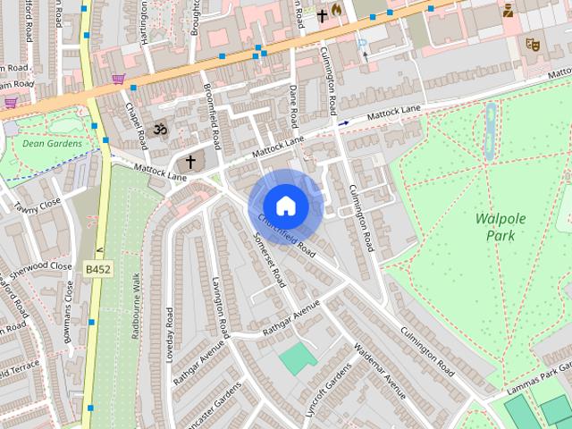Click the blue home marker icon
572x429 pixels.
285,206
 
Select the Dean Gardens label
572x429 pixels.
52,143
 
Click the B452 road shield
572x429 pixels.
98,268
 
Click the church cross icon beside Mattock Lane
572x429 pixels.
189,163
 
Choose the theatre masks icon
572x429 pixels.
533,43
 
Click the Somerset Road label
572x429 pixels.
269,260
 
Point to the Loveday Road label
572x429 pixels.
169,334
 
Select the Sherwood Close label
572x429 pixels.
36,266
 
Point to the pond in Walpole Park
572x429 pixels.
489,132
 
